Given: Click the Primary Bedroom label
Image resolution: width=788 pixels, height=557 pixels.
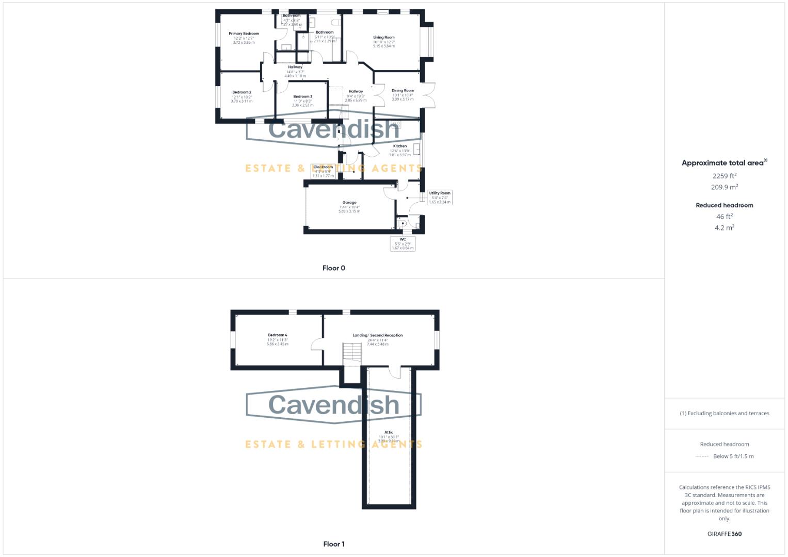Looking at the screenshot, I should coord(244,34).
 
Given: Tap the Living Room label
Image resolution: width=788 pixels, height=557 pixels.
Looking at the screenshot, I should coord(384,38).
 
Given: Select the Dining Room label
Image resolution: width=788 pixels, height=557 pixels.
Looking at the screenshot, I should coord(403,91).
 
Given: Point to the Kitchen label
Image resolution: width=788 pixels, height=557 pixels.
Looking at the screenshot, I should coord(400,146).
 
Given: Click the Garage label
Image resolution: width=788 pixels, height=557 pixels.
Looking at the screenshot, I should coord(349,203).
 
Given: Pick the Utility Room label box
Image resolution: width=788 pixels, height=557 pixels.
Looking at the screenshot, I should coord(440,197).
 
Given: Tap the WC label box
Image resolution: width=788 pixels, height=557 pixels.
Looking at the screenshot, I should coord(403,243).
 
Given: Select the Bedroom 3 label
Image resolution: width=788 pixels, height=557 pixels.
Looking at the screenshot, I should coord(302,96).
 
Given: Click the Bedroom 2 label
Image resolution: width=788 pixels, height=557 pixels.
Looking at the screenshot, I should coord(242,92).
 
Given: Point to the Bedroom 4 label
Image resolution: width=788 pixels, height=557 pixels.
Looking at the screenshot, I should coord(278,335).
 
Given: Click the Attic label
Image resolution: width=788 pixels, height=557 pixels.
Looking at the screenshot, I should coord(389,433).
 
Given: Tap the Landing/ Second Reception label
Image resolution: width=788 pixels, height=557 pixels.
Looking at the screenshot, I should coord(378,335).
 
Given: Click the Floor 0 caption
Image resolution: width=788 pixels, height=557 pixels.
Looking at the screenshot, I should coord(334,268).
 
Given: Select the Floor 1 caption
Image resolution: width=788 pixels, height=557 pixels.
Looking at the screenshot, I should coord(334,544).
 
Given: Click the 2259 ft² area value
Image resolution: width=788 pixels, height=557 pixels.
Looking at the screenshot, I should coord(725,176).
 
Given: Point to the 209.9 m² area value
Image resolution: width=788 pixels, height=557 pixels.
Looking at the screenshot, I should coord(725,187).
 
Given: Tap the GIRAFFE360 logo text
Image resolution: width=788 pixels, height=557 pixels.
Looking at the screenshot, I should coord(725,534).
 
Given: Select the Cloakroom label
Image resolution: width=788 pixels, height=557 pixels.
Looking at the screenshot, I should coord(323,167).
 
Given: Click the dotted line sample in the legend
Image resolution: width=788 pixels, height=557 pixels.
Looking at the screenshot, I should coord(702,456).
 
